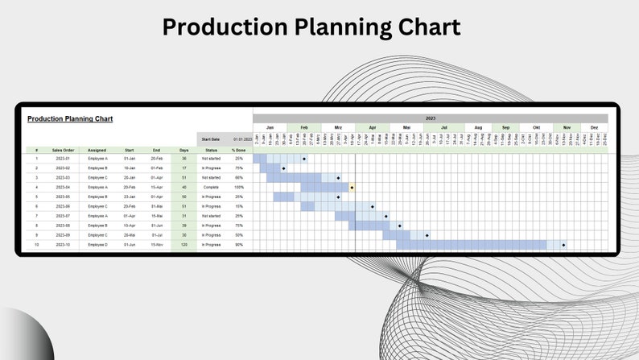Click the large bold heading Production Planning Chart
pyautogui.click(x=311, y=27)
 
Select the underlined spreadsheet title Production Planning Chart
pyautogui.click(x=70, y=119)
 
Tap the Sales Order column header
pyautogui.click(x=64, y=150)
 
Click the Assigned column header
pyautogui.click(x=97, y=150)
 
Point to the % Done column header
pyautogui.click(x=238, y=150)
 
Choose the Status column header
pyautogui.click(x=211, y=150)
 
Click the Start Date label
pyautogui.click(x=211, y=139)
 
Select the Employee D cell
pyautogui.click(x=97, y=245)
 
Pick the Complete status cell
pyautogui.click(x=211, y=187)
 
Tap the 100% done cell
pyautogui.click(x=238, y=187)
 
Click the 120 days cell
pyautogui.click(x=183, y=245)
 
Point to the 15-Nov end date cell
pyautogui.click(x=156, y=245)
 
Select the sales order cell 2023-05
pyautogui.click(x=64, y=197)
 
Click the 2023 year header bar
pyautogui.click(x=430, y=118)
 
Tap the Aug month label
pyautogui.click(x=478, y=127)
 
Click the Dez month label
pyautogui.click(x=594, y=127)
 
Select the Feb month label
pyautogui.click(x=304, y=127)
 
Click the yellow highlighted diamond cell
pyautogui.click(x=352, y=187)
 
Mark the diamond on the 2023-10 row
pyautogui.click(x=563, y=245)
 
